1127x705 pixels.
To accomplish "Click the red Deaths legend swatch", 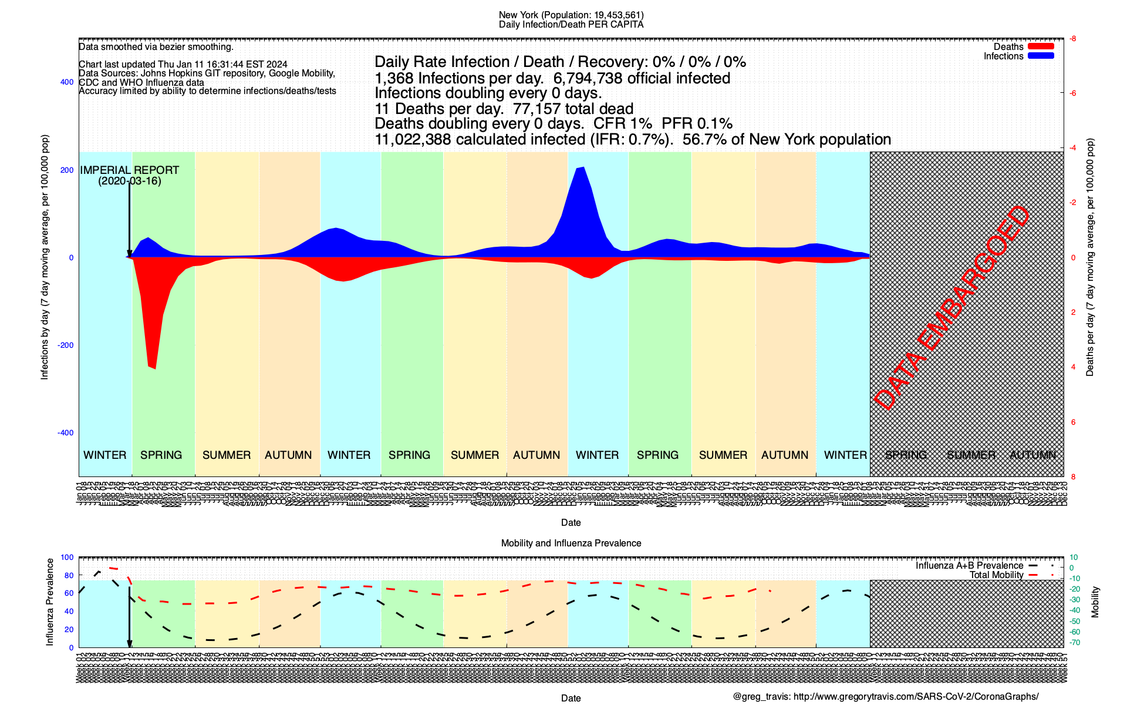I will (1041, 46).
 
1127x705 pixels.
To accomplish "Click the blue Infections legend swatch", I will (1041, 56).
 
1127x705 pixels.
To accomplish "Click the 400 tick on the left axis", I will (67, 82).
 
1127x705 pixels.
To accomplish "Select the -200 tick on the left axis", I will (65, 345).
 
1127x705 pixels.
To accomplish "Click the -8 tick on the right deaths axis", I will (1072, 39).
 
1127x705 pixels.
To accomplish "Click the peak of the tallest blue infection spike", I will (582, 167).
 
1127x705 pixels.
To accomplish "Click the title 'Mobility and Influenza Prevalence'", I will (571, 543).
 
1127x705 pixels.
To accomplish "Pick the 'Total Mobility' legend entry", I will (996, 575).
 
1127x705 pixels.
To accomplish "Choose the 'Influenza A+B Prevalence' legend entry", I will (969, 566).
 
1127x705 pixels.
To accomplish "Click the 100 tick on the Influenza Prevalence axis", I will (68, 558).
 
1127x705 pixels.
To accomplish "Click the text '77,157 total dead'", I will (573, 109).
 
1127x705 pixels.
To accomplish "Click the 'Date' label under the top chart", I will (571, 523).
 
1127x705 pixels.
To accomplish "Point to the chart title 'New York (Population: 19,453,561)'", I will (571, 15).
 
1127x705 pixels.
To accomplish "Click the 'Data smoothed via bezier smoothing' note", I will (156, 47).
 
